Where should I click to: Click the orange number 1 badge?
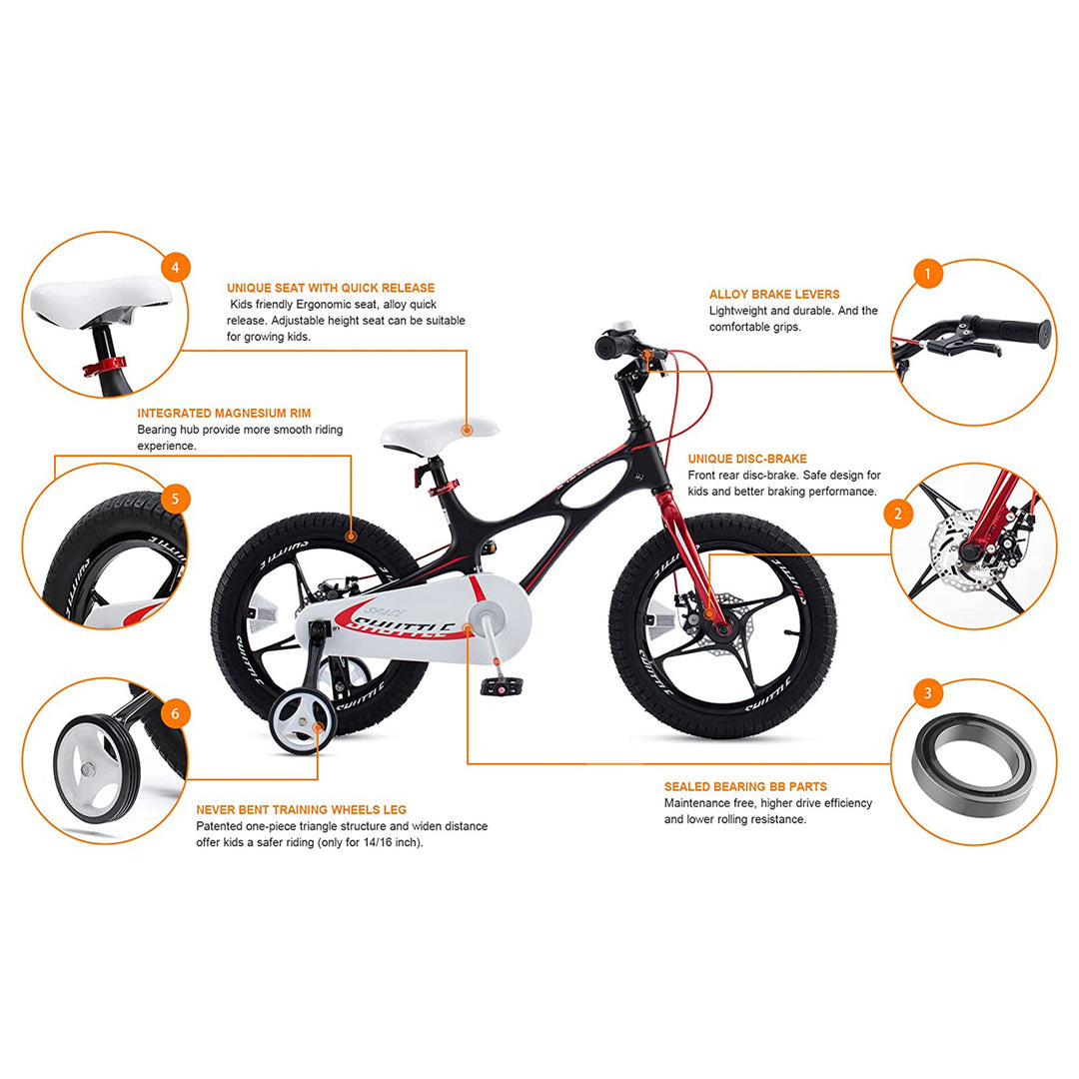coord(928,273)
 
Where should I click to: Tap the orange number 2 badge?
coord(897,514)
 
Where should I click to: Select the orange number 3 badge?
coord(928,693)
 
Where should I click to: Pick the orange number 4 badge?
coord(175,268)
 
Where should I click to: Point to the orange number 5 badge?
coord(175,498)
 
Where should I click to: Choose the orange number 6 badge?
coord(175,713)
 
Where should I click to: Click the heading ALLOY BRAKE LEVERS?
coord(774,295)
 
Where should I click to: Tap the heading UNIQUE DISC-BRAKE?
coord(747,459)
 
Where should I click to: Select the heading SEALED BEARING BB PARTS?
coord(745,786)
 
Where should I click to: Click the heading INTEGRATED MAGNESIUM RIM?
coord(224,413)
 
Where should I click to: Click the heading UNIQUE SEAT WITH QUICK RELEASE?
coord(331,288)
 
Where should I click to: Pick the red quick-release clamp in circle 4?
coord(103,367)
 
